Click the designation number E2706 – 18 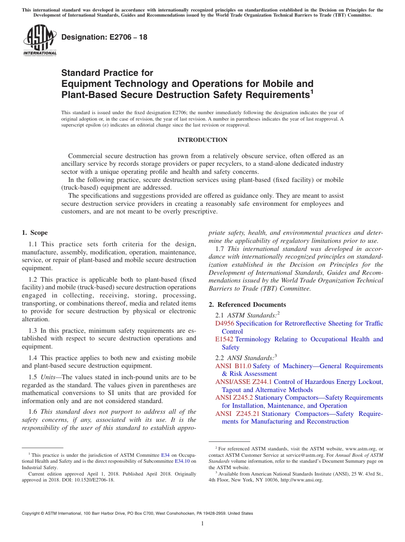point(104,37)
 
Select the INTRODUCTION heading point(202,140)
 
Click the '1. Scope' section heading point(35,233)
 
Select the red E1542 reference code point(224,339)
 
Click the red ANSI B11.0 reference point(233,366)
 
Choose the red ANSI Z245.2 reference point(234,398)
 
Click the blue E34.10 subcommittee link point(182,461)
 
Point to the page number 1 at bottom point(202,523)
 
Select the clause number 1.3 point(33,331)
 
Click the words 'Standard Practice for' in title point(107,73)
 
